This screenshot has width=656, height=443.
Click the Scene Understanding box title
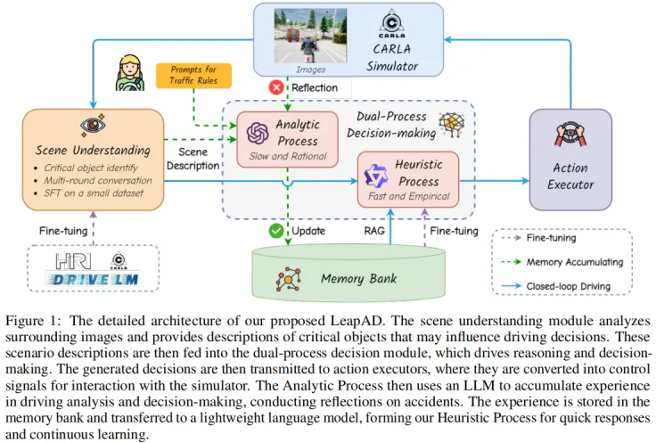[x=93, y=150]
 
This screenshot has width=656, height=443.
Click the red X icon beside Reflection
[x=276, y=87]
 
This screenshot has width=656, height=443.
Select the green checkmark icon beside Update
[x=277, y=232]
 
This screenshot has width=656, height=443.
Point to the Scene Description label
[x=193, y=159]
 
